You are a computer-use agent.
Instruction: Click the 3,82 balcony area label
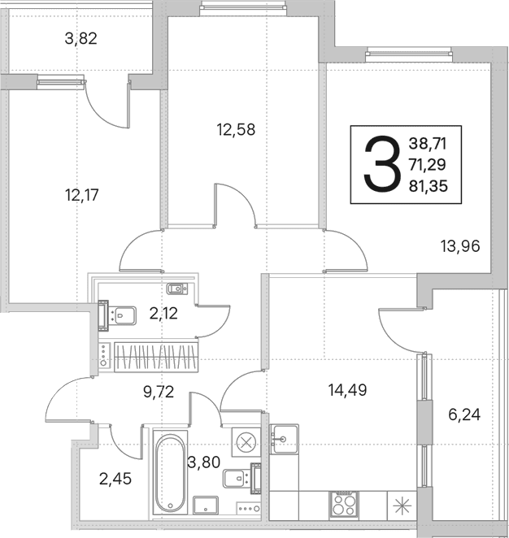(x=81, y=38)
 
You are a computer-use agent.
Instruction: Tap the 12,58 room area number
(x=236, y=130)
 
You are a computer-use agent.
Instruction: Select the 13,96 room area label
(x=460, y=246)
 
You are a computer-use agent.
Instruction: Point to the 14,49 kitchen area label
(x=348, y=390)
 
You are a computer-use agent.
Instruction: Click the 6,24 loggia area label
(x=464, y=414)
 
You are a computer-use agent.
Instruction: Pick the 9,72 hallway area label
(x=159, y=392)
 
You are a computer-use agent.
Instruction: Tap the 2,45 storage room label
(x=115, y=479)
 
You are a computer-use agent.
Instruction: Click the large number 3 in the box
(x=382, y=163)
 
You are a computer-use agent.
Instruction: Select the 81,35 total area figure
(x=429, y=186)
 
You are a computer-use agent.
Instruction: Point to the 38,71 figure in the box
(x=428, y=143)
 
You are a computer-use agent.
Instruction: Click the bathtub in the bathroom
(x=170, y=473)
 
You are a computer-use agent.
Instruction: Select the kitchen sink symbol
(x=284, y=439)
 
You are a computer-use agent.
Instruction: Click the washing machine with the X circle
(x=246, y=442)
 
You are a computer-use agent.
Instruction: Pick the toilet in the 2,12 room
(x=118, y=315)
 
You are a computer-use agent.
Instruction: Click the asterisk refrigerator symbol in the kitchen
(x=402, y=505)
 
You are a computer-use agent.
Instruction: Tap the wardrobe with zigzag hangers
(x=156, y=357)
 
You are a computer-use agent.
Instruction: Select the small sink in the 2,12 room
(x=177, y=289)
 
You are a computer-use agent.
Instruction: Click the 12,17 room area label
(x=81, y=195)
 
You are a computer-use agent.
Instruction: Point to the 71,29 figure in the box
(x=428, y=165)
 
